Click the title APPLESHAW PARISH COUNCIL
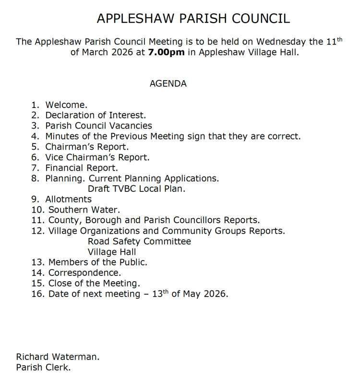[193, 19]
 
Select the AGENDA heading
[168, 84]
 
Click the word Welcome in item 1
[66, 105]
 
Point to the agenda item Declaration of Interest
[96, 115]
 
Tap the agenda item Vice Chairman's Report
[97, 157]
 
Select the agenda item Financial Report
[81, 167]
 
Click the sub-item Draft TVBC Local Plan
[136, 189]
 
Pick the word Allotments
[68, 199]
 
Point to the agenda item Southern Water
[84, 210]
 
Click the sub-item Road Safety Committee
[139, 241]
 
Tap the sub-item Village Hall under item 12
[112, 252]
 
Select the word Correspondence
[84, 273]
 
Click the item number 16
[37, 294]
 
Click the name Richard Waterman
[58, 357]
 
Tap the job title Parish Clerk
[43, 368]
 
